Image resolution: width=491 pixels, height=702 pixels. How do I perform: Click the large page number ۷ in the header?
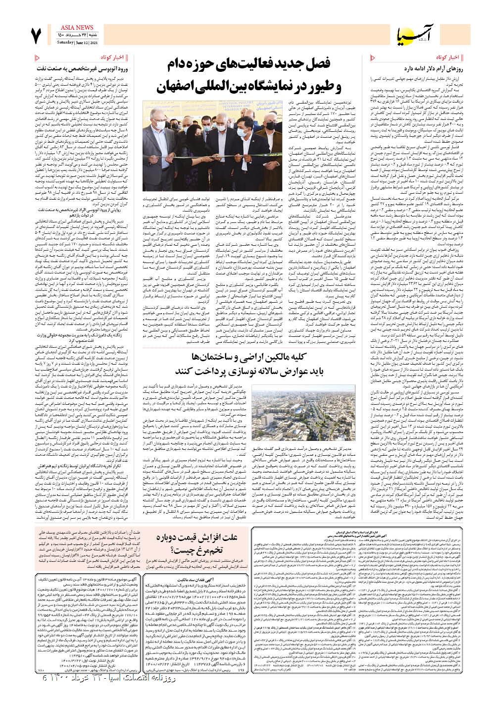36,35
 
